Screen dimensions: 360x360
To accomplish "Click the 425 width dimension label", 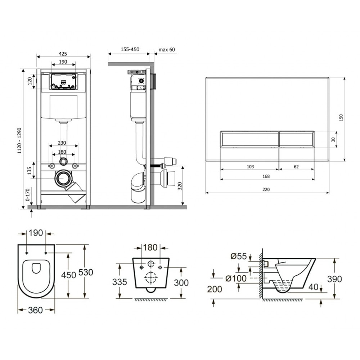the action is coord(63,54).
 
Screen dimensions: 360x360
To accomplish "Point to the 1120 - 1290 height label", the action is coord(19,141).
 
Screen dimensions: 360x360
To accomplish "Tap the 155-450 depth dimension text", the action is coord(130,49).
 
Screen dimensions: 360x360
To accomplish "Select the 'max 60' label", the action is coord(167,50).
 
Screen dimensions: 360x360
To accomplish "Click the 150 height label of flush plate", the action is coord(341,118).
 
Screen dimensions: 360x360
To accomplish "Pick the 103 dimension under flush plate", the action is coord(250,167).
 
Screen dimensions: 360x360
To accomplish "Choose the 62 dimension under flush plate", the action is coord(296,167).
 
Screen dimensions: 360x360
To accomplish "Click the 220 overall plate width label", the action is coord(266,190).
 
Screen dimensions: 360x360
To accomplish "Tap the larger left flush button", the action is coord(249,139).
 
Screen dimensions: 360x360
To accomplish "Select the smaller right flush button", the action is coord(297,139).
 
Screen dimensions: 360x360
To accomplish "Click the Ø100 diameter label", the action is coord(236,279).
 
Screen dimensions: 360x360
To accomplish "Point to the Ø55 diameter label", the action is coord(239,256).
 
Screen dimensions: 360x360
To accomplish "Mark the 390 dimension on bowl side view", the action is coord(334,279).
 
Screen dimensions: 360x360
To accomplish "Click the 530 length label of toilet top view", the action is coord(86,272).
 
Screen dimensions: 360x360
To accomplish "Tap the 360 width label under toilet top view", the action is coord(35,310).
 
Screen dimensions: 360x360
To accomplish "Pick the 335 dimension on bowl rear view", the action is coord(120,282).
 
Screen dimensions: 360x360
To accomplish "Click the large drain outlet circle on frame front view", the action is coord(62,179).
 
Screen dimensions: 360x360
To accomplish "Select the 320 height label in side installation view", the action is coord(180,186).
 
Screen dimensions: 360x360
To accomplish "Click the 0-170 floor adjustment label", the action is coord(28,195).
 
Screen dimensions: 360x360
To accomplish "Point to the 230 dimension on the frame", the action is coord(62,143).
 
